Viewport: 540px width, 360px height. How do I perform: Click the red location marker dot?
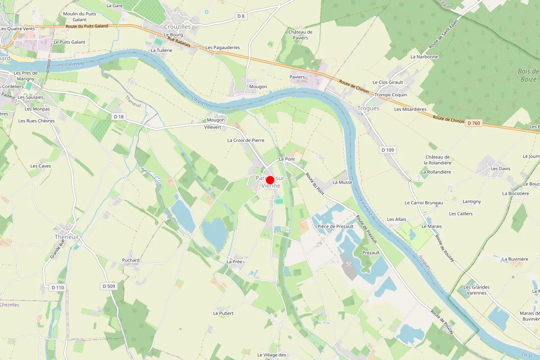pyautogui.click(x=270, y=180)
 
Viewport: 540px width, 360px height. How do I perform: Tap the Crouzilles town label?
pyautogui.click(x=178, y=27)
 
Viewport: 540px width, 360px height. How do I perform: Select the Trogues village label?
pyautogui.click(x=368, y=108)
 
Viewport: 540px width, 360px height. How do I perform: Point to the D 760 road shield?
pyautogui.click(x=474, y=123)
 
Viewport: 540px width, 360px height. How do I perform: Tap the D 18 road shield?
pyautogui.click(x=118, y=117)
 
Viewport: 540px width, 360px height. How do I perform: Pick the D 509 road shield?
pyautogui.click(x=109, y=286)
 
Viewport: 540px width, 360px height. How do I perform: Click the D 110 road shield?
pyautogui.click(x=58, y=287)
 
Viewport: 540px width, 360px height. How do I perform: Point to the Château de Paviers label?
pyautogui.click(x=301, y=35)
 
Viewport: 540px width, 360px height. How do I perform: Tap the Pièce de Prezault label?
pyautogui.click(x=336, y=226)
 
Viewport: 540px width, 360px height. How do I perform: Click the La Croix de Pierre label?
pyautogui.click(x=246, y=140)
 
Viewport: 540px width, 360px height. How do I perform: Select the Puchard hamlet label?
pyautogui.click(x=131, y=260)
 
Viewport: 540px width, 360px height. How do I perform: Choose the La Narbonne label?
pyautogui.click(x=424, y=57)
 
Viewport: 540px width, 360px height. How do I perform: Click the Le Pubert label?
pyautogui.click(x=224, y=313)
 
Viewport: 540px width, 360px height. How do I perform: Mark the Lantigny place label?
pyautogui.click(x=472, y=202)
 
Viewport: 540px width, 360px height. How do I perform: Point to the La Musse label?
pyautogui.click(x=342, y=182)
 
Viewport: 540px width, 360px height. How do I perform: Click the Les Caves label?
pyautogui.click(x=40, y=166)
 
